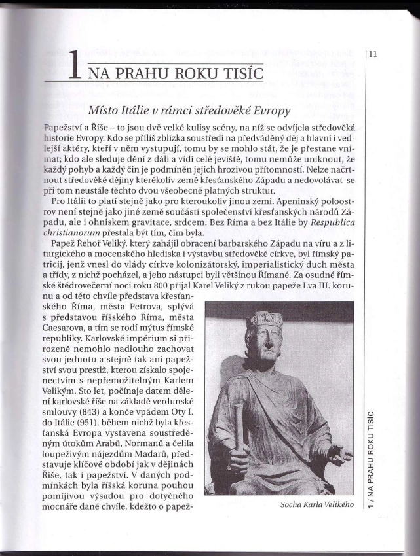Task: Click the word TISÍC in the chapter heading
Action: (240, 71)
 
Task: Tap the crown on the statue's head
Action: (265, 319)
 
